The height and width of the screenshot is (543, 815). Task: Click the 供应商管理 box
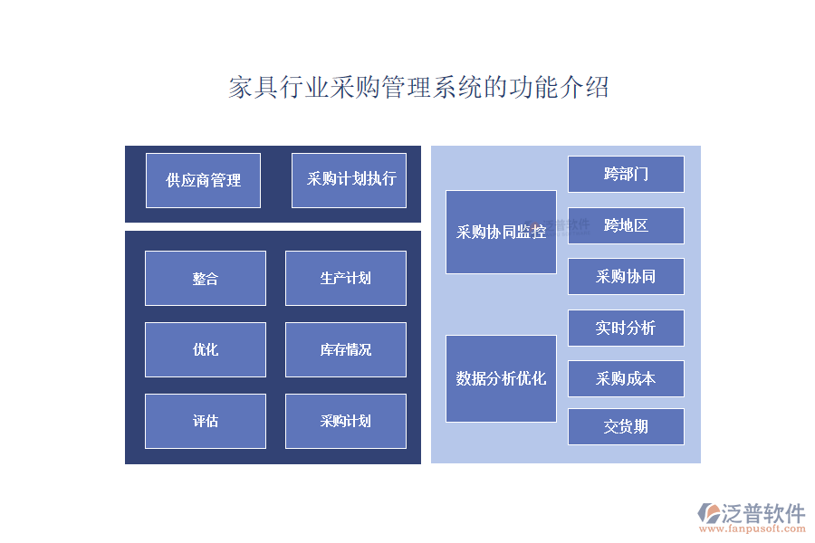coord(203,180)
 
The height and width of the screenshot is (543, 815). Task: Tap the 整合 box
coord(205,278)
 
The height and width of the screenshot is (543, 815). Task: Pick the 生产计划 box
coord(345,278)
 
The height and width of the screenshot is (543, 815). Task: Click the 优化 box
coord(205,349)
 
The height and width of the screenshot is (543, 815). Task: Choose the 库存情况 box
coord(345,349)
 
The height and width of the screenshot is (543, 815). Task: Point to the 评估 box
coord(205,421)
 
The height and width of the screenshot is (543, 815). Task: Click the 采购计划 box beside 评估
coord(345,421)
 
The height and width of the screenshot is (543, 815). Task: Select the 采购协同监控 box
coord(501,232)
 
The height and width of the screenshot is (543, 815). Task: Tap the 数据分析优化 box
coord(501,378)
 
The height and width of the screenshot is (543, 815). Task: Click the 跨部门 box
coord(626,174)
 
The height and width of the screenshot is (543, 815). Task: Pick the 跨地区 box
coord(626,225)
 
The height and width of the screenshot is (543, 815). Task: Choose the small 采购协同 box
coord(626,276)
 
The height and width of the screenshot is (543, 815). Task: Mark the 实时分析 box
coord(626,328)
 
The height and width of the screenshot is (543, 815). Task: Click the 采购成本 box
coord(626,378)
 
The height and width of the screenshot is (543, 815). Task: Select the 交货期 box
coord(626,426)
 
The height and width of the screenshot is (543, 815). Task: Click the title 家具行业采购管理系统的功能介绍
coord(418,88)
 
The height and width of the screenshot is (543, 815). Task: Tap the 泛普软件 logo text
coord(762,512)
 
